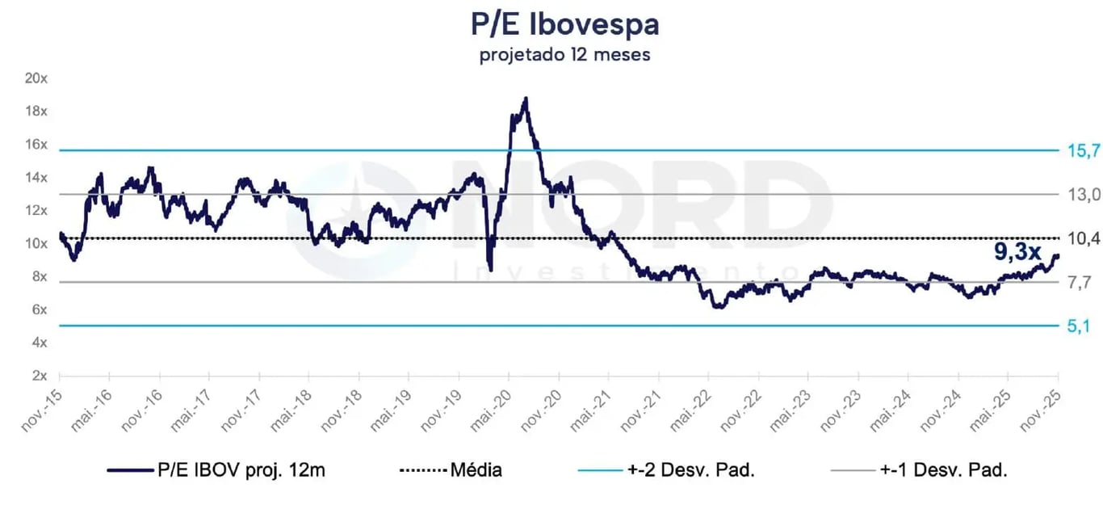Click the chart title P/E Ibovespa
pyautogui.click(x=564, y=25)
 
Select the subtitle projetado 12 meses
pyautogui.click(x=564, y=56)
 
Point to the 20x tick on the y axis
pyautogui.click(x=36, y=78)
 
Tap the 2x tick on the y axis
pyautogui.click(x=40, y=376)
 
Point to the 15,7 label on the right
pyautogui.click(x=1083, y=150)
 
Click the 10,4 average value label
pyautogui.click(x=1083, y=238)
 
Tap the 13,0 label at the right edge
pyautogui.click(x=1083, y=194)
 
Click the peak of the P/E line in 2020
pyautogui.click(x=526, y=99)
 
